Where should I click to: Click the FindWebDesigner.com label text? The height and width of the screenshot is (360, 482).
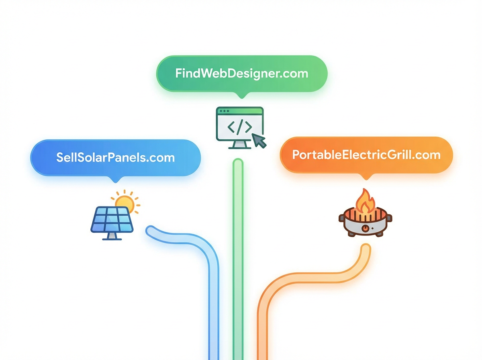(241, 74)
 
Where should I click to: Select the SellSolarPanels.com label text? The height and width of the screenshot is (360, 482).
(115, 157)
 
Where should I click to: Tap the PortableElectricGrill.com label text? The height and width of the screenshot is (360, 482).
(366, 155)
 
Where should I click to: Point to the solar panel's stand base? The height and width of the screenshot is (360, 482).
(112, 239)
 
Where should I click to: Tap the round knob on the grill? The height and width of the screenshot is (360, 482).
(365, 228)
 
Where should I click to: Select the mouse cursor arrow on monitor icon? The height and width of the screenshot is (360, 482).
(260, 141)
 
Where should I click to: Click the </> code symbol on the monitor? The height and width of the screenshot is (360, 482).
(239, 127)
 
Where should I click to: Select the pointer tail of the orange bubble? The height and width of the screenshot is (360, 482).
(366, 177)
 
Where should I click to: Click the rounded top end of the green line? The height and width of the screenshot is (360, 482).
(238, 163)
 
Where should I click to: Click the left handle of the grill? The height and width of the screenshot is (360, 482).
(342, 219)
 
